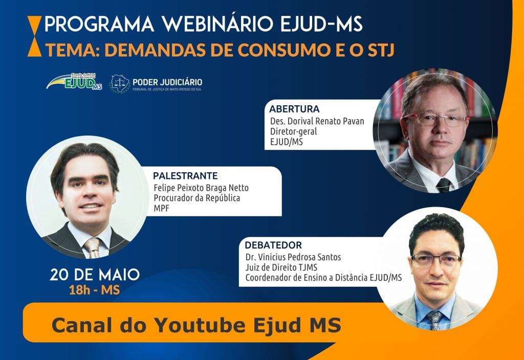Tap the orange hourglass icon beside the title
click(x=34, y=36)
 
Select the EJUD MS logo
click(x=74, y=82)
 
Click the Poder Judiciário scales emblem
click(x=120, y=83)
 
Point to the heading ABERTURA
click(x=294, y=109)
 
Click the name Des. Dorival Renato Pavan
click(x=317, y=121)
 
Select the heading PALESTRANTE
click(x=185, y=176)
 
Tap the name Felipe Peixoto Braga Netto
click(x=201, y=188)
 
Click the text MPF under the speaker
click(x=161, y=209)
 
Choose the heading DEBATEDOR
click(x=273, y=245)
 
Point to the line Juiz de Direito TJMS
click(x=281, y=267)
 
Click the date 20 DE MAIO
click(x=95, y=275)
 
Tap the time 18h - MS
click(x=94, y=290)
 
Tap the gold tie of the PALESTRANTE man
click(x=93, y=247)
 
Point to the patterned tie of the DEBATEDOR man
click(x=434, y=320)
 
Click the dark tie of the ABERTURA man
click(x=444, y=185)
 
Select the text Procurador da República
click(x=197, y=198)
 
